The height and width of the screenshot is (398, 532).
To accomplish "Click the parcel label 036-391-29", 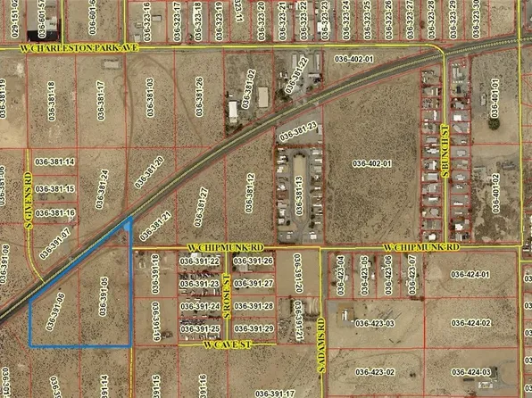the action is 255,329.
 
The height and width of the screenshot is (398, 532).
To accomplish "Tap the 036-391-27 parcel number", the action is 255,283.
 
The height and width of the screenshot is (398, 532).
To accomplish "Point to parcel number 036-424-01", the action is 472,275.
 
